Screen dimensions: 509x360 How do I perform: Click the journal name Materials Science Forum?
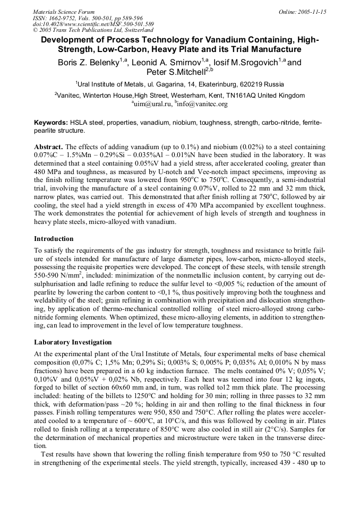(x=64, y=11)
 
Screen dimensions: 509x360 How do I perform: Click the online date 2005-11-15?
(x=312, y=11)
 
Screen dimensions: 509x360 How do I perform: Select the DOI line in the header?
(x=93, y=24)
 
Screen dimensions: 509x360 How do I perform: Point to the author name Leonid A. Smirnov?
(x=161, y=63)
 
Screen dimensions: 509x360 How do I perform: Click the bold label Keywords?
(x=50, y=123)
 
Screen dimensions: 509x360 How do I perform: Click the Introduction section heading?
(x=54, y=239)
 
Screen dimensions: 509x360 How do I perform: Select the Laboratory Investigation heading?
(x=73, y=342)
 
